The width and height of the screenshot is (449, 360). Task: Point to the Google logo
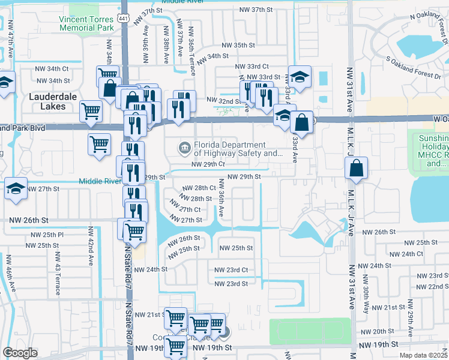(20, 353)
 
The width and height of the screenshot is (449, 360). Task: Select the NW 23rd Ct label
(231, 270)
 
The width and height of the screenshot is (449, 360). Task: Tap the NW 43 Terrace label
(58, 278)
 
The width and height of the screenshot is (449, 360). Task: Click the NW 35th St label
(238, 45)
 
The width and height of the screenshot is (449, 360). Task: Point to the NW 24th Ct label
(411, 254)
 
